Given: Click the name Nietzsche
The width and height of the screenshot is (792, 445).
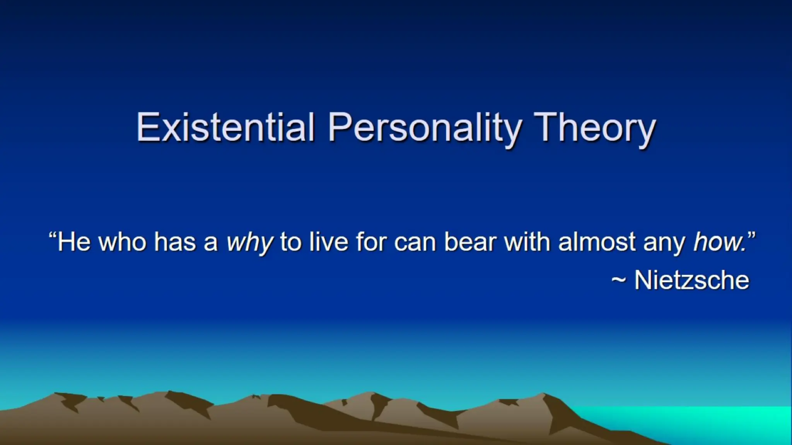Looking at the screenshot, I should click(692, 280).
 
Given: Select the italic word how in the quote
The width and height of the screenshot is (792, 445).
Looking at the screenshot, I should click(719, 242).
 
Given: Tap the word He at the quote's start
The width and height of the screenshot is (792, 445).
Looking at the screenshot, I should click(74, 242).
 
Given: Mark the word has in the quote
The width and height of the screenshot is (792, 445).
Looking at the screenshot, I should click(175, 242).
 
